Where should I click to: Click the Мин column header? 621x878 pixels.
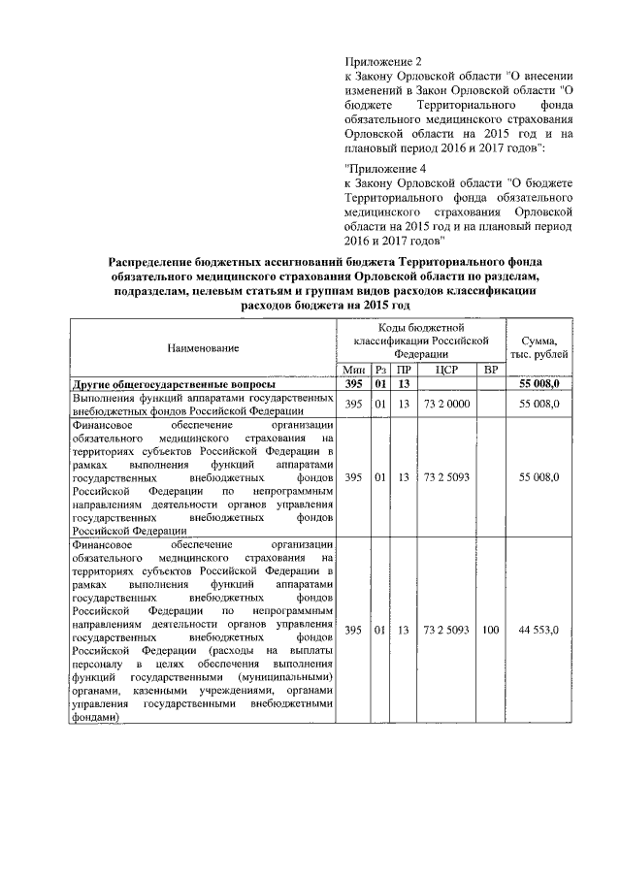pyautogui.click(x=354, y=371)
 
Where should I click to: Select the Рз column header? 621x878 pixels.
pyautogui.click(x=380, y=371)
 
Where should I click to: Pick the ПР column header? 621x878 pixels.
pyautogui.click(x=403, y=371)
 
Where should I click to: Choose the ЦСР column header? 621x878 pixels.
pyautogui.click(x=446, y=371)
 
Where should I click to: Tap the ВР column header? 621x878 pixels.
pyautogui.click(x=490, y=371)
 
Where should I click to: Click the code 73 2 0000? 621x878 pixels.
pyautogui.click(x=446, y=403)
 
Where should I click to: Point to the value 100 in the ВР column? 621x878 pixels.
pyautogui.click(x=490, y=630)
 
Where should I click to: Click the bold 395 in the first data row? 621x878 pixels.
pyautogui.click(x=354, y=385)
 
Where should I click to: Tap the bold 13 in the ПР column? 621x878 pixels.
pyautogui.click(x=403, y=385)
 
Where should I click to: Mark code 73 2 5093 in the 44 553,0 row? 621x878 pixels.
pyautogui.click(x=446, y=630)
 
